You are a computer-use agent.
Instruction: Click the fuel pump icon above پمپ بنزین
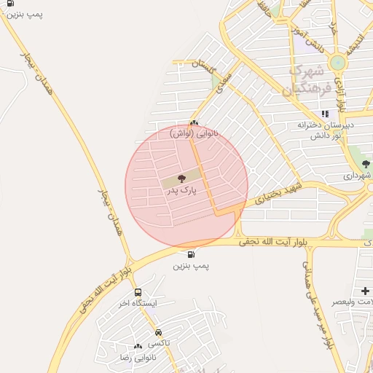[191, 255]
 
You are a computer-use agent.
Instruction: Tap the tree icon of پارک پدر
[181, 178]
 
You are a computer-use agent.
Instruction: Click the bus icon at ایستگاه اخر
[138, 292]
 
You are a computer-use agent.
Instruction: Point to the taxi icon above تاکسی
[158, 332]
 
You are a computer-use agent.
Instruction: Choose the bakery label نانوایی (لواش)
[192, 134]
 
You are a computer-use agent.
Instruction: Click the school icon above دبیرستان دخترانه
[325, 114]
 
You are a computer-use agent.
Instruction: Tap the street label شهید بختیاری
[277, 187]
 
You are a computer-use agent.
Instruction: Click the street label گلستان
[205, 66]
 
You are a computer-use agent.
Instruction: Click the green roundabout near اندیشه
[337, 63]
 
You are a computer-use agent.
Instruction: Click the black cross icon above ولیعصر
[365, 291]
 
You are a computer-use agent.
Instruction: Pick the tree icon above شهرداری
[366, 165]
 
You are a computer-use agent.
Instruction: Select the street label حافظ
[264, 9]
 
